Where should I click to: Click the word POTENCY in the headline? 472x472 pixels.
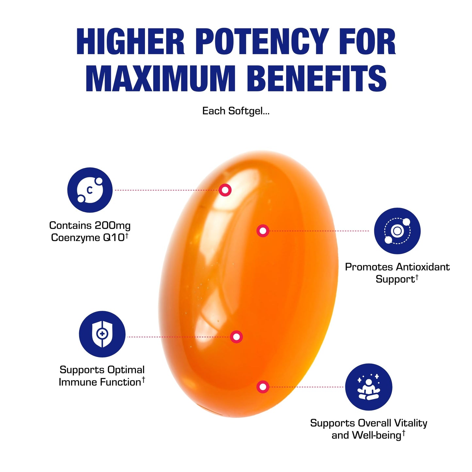[x=262, y=41]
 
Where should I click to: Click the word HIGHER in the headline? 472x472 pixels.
[x=130, y=41]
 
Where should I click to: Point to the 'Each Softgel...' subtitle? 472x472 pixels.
[x=236, y=111]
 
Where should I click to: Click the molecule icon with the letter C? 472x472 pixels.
[x=90, y=190]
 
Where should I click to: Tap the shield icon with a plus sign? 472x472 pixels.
[x=102, y=334]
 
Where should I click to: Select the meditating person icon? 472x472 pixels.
[x=369, y=387]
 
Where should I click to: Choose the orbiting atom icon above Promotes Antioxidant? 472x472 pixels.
[x=397, y=231]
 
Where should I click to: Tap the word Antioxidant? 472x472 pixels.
[x=423, y=267]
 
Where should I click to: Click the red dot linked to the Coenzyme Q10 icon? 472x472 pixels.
[x=225, y=190]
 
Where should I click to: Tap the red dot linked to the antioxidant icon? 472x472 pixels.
[x=263, y=231]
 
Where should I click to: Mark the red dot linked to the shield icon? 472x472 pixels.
[x=236, y=337]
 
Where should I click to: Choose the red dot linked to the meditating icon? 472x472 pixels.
[x=263, y=387]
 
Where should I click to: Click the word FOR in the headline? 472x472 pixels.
[x=367, y=41]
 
